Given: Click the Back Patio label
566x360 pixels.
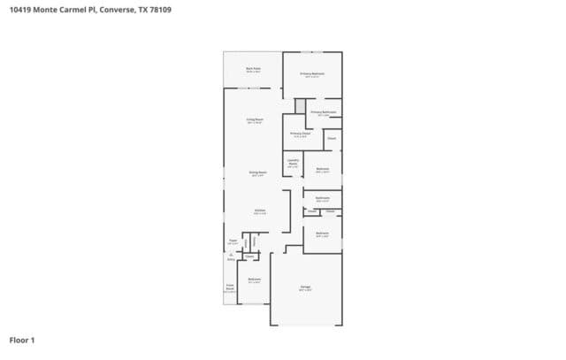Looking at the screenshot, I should coord(253,68).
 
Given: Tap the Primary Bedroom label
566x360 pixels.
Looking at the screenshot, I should coord(312,73).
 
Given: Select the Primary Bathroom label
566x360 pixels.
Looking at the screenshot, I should coord(323,113).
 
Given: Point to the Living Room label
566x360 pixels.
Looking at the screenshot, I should coord(256,120).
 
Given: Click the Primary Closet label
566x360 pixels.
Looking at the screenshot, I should coord(300,134).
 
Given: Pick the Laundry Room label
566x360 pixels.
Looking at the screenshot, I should coord(293,163).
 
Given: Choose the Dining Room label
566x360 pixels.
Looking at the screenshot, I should coord(256,173).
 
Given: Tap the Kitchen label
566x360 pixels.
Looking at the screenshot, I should coord(259,211).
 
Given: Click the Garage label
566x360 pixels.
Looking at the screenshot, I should coord(304,288).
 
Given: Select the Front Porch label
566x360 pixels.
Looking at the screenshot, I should coord(229,287).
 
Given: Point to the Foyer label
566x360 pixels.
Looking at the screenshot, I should coord(233,240).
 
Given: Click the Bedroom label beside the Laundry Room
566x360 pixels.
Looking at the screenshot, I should coord(323,170).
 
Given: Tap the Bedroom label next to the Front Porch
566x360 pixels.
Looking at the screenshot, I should coord(254,280).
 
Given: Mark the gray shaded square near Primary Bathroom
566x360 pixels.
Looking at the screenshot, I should coord(300,105).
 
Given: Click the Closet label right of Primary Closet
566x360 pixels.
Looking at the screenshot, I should coord(331,139).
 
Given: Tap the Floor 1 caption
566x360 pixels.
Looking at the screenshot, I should coord(22,339).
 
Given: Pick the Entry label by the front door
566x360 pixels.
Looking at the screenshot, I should coord(231,258).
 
